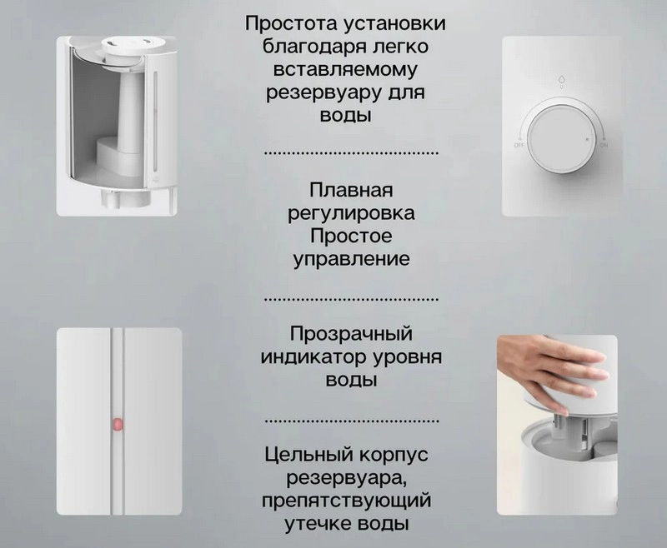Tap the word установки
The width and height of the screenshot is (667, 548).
click(x=394, y=24)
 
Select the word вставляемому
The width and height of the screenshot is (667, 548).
click(x=345, y=70)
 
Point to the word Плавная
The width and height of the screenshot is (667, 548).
click(x=351, y=190)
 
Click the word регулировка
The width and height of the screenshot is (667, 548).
click(x=351, y=214)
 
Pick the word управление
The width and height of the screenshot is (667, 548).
click(x=351, y=259)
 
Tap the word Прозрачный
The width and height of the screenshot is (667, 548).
click(x=351, y=334)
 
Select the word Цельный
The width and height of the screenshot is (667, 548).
click(x=308, y=455)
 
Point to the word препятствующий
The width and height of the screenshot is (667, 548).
click(x=346, y=500)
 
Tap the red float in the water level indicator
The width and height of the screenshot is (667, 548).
click(x=117, y=424)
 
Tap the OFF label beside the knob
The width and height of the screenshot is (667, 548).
click(x=519, y=145)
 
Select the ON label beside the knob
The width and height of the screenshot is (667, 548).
click(x=604, y=145)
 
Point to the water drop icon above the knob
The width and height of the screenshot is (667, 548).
click(x=561, y=79)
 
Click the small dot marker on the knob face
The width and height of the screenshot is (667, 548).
click(x=588, y=139)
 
